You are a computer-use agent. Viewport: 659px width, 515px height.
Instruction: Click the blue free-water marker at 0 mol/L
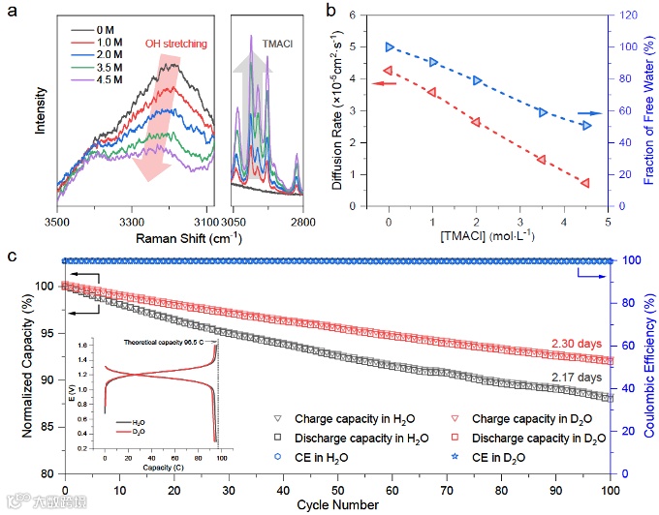point(390,46)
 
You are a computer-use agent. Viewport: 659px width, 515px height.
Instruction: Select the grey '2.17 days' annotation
point(576,377)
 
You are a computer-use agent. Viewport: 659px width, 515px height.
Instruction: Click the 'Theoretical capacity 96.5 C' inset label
point(166,343)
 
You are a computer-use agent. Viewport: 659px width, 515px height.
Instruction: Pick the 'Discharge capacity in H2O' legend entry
point(355,436)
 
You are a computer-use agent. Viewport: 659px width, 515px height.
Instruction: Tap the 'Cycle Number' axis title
point(335,504)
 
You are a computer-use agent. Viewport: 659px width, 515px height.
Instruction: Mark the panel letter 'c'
point(12,257)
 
